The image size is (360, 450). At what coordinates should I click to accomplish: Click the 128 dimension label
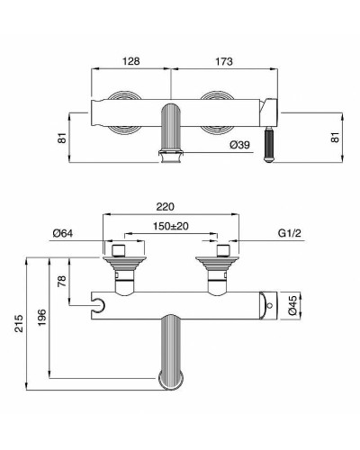click(x=132, y=62)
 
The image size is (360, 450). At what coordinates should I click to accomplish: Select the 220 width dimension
click(x=170, y=205)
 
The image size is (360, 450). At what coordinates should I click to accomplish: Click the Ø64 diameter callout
click(x=63, y=233)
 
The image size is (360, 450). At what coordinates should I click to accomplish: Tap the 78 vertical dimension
click(x=61, y=280)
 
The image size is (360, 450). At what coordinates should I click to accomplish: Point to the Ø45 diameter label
click(x=293, y=306)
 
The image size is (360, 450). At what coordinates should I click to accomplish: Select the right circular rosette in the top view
click(x=218, y=112)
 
